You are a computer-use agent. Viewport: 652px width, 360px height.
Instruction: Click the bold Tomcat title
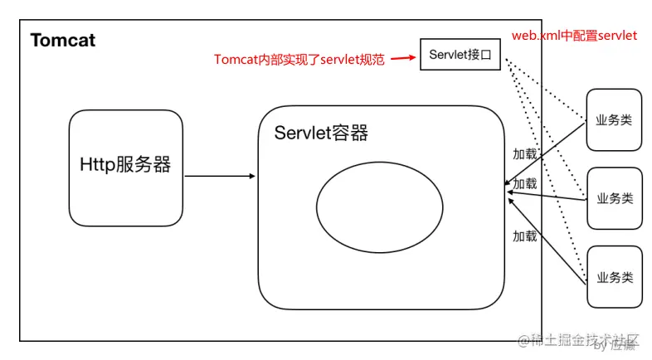click(63, 40)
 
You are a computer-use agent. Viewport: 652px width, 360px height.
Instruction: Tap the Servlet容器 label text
click(321, 133)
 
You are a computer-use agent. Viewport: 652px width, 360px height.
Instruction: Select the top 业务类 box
click(614, 119)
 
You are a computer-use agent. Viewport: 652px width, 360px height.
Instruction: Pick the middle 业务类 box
click(614, 198)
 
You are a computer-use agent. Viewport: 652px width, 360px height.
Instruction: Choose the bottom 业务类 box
click(614, 276)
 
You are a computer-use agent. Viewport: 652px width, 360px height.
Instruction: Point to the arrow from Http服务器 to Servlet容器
click(220, 176)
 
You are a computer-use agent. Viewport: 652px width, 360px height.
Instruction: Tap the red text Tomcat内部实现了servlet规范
click(299, 59)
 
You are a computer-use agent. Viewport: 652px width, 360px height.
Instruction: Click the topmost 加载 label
click(524, 155)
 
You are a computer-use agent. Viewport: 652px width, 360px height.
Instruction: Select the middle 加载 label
click(524, 183)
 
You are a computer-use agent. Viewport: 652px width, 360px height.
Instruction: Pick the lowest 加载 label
click(524, 236)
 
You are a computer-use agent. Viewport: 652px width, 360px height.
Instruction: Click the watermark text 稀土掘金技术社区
click(584, 339)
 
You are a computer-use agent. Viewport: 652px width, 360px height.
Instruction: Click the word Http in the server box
click(98, 164)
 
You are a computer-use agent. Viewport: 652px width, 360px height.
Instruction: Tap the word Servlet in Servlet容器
click(302, 133)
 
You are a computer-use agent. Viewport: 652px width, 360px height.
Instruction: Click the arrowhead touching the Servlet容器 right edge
click(508, 186)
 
